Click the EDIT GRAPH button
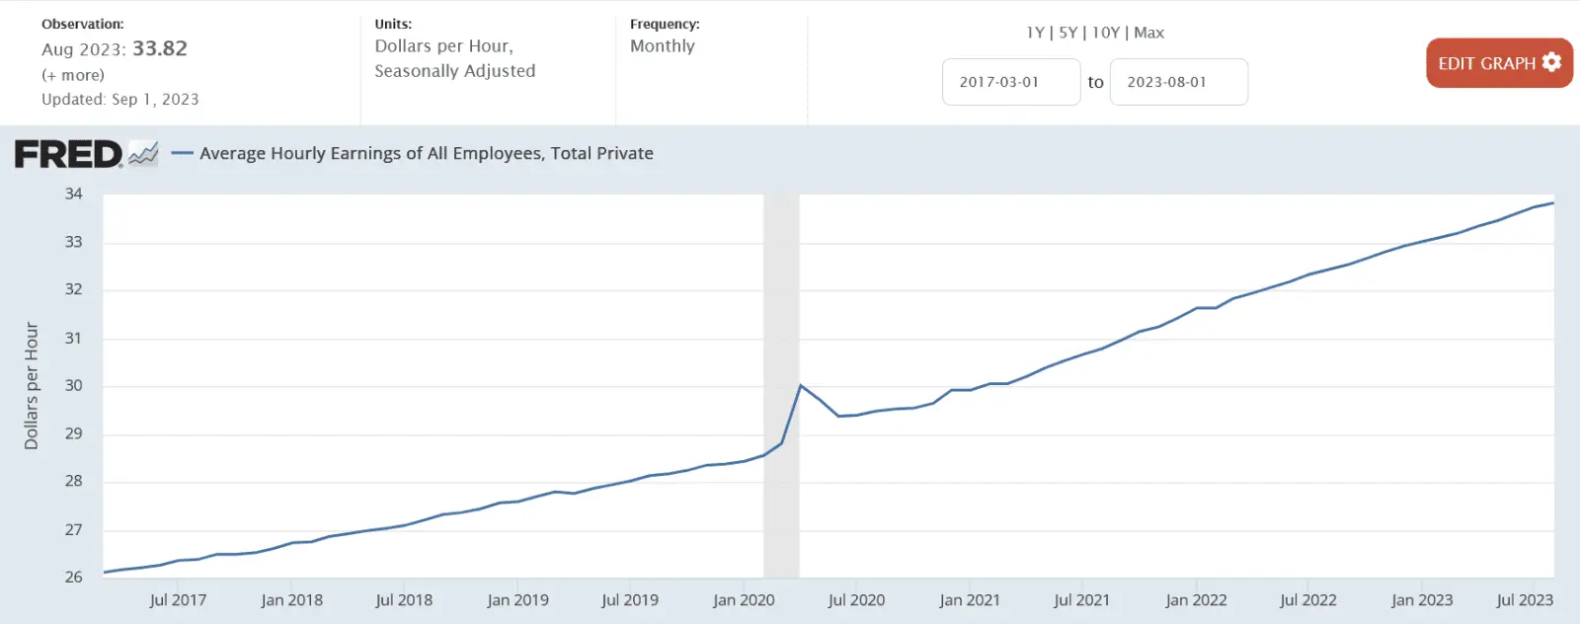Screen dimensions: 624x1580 (x=1498, y=63)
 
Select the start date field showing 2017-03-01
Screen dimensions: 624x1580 (x=1010, y=82)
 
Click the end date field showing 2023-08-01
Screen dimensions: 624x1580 (x=1178, y=82)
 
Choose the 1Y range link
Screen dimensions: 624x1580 (x=1035, y=33)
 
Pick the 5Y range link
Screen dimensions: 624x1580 (x=1067, y=33)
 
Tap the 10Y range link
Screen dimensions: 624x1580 (x=1106, y=33)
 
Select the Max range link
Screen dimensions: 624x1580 (x=1148, y=33)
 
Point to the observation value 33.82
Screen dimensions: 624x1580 (x=160, y=48)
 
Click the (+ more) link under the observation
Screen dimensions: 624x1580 (x=73, y=75)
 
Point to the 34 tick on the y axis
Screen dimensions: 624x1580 (x=74, y=194)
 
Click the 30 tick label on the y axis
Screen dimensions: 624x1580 (x=74, y=385)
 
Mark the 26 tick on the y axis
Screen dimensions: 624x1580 (x=74, y=577)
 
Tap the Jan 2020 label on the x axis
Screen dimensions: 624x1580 (x=744, y=599)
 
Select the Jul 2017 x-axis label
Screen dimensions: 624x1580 (x=178, y=599)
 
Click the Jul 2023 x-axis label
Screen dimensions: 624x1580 (x=1525, y=599)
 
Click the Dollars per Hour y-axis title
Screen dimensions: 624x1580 (x=32, y=385)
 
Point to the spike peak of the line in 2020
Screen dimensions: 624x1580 (x=800, y=385)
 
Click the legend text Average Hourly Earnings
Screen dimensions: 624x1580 (x=426, y=153)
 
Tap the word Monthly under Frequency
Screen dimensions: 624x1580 (x=663, y=46)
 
